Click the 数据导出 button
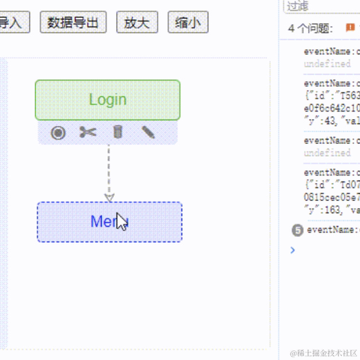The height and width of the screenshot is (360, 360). pyautogui.click(x=73, y=22)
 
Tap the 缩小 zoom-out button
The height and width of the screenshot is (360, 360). pyautogui.click(x=187, y=22)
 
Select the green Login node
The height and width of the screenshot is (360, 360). pyautogui.click(x=107, y=100)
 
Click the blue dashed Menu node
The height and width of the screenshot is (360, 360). pyautogui.click(x=109, y=222)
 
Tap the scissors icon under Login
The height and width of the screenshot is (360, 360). pyautogui.click(x=88, y=133)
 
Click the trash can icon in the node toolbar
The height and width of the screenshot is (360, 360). pyautogui.click(x=117, y=133)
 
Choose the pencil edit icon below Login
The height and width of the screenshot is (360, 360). pyautogui.click(x=148, y=133)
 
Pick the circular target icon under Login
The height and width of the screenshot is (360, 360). pyautogui.click(x=58, y=133)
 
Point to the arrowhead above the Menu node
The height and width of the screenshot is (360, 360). pyautogui.click(x=109, y=197)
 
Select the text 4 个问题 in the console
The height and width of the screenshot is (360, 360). pyautogui.click(x=310, y=28)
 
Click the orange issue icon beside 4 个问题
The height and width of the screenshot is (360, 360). pyautogui.click(x=349, y=28)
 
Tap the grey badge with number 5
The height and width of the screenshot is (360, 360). pyautogui.click(x=297, y=229)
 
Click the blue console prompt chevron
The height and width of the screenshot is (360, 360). pyautogui.click(x=292, y=250)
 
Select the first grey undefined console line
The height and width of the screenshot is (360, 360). pyautogui.click(x=327, y=64)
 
